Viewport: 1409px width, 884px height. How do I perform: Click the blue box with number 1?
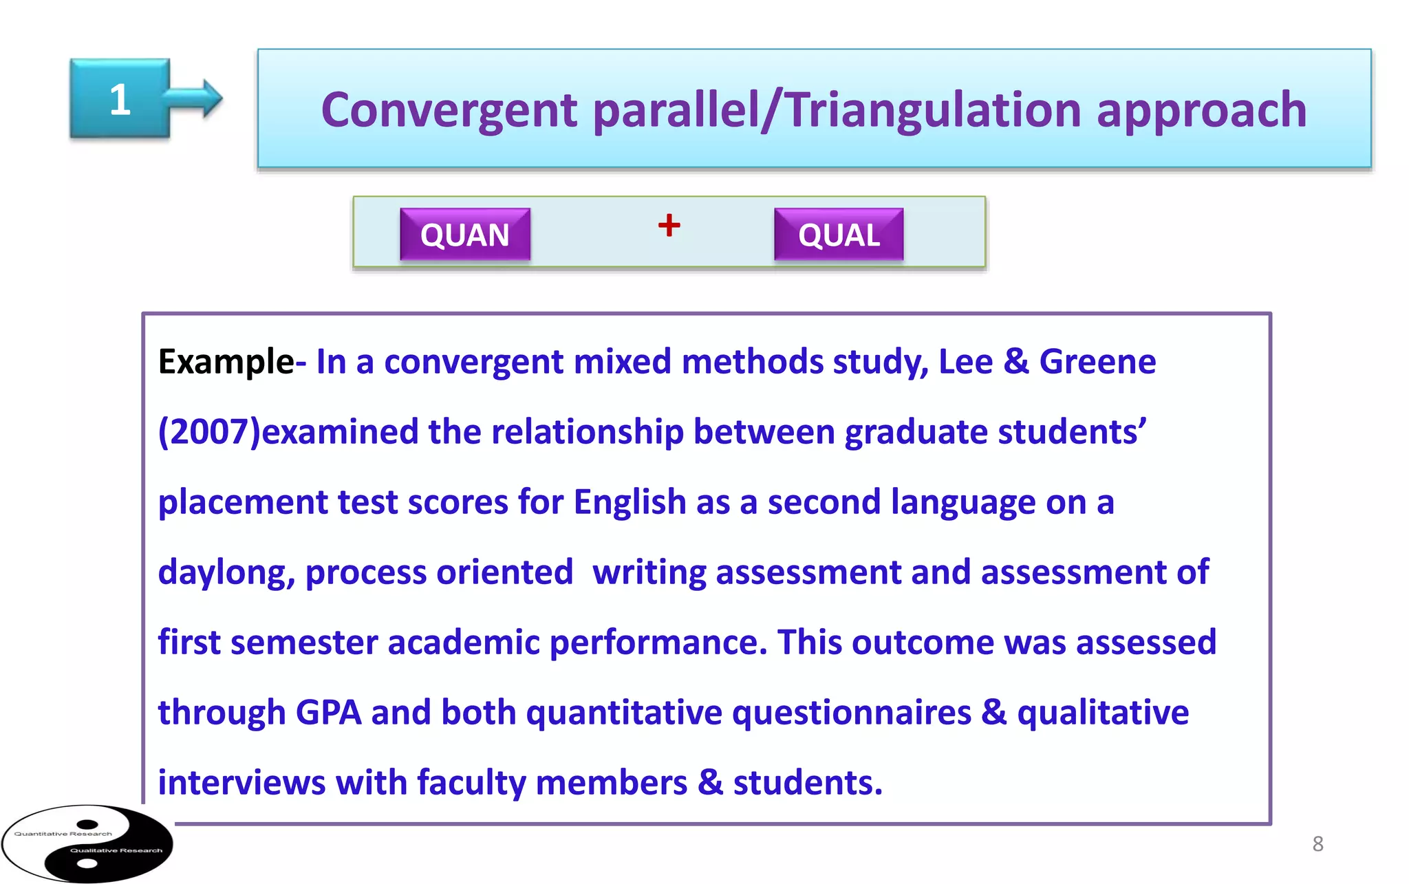(x=120, y=99)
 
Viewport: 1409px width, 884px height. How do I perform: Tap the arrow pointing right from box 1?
(x=200, y=98)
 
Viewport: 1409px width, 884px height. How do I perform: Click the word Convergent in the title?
(x=449, y=111)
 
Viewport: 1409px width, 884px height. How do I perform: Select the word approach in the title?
(x=1201, y=111)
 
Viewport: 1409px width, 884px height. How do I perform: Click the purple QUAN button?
(x=465, y=235)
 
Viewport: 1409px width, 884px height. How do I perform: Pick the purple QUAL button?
(x=839, y=235)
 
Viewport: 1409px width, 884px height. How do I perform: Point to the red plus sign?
(x=669, y=225)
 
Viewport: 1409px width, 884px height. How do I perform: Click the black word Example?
(x=226, y=362)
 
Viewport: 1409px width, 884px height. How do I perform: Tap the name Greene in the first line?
(x=1097, y=362)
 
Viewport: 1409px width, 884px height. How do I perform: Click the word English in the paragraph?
(x=630, y=502)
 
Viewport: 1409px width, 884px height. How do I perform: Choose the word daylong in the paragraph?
(x=226, y=572)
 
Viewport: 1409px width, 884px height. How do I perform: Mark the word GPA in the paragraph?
(x=328, y=713)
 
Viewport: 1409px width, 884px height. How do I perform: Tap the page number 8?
(x=1317, y=843)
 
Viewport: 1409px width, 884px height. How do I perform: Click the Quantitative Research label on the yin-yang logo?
(x=63, y=834)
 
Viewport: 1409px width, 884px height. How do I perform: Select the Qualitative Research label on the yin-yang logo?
(x=116, y=850)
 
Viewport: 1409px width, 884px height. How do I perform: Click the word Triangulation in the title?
(x=932, y=111)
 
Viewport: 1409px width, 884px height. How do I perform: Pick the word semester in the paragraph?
(x=303, y=643)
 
